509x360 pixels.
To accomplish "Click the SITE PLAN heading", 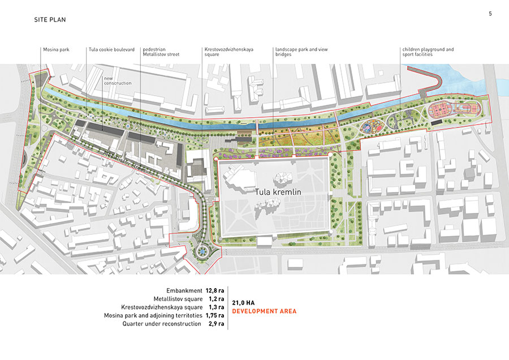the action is pos(50,20).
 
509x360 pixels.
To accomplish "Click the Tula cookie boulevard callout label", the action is pos(111,50).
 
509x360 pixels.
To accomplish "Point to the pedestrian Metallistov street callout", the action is pos(161,52).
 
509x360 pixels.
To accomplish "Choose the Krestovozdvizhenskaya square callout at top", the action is pos(228,52).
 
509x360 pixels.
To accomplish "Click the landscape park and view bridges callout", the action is pos(301,52).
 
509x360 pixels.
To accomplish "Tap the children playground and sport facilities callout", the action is pos(428,52).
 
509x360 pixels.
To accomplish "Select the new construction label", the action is pos(117,80).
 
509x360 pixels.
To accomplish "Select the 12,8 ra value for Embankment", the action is pos(215,290).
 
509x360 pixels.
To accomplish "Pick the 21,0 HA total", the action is pos(244,303).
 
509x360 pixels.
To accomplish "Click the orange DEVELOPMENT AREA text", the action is pos(264,311).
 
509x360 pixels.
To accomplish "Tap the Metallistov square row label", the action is pos(178,298).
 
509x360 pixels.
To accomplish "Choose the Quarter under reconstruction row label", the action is pos(161,324).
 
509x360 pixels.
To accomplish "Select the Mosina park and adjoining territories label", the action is pos(153,315).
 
